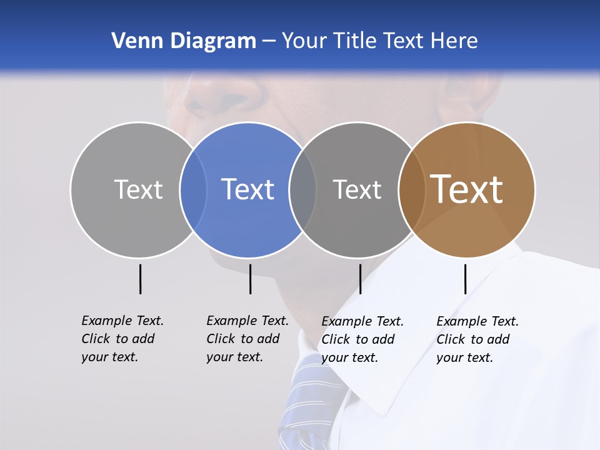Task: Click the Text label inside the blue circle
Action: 248,189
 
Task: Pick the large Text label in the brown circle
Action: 467,189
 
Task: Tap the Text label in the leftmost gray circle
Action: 138,189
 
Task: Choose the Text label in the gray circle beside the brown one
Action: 357,189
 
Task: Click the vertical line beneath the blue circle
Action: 250,279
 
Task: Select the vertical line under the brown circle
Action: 466,279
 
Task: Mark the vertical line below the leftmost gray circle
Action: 141,279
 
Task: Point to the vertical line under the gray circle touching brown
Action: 360,279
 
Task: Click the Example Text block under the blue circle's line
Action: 247,339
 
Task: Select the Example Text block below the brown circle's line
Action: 477,339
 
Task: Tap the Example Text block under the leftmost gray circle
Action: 122,339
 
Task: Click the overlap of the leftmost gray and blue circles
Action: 193,190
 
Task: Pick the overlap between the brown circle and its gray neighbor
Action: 412,190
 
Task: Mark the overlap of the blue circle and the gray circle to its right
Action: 302,190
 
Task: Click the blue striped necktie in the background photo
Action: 306,400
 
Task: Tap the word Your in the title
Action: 304,41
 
